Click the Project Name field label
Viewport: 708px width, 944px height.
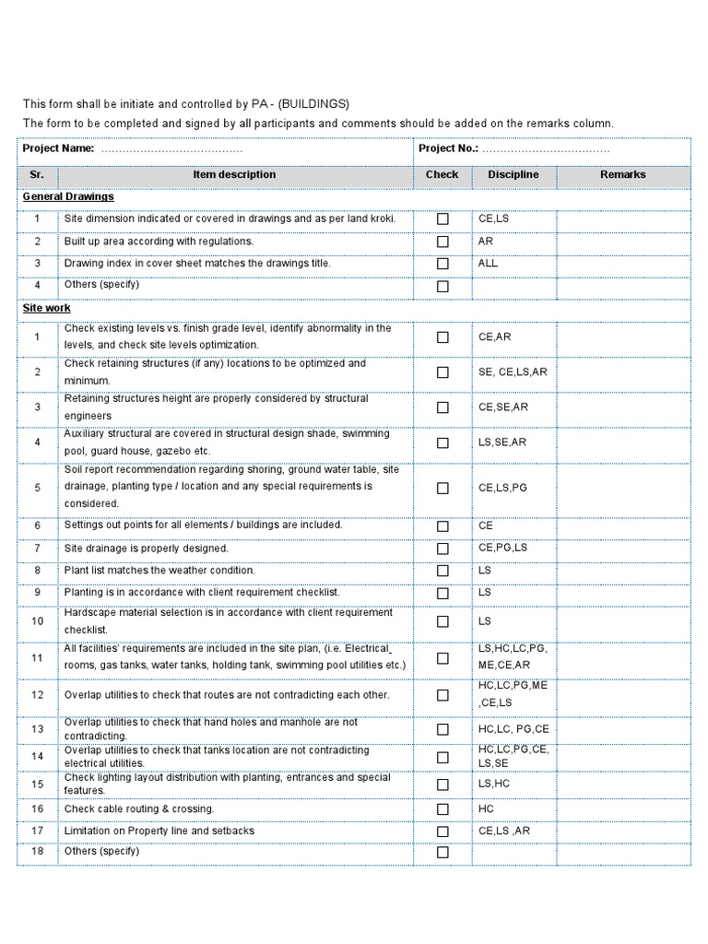(x=58, y=148)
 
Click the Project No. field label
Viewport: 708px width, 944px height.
(x=449, y=148)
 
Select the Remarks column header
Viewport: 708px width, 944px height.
(x=623, y=174)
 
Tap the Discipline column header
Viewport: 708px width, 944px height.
(x=513, y=174)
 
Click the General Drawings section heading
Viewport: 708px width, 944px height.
(x=68, y=196)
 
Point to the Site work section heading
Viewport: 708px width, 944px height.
(x=46, y=308)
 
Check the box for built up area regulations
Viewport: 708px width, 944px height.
(x=442, y=242)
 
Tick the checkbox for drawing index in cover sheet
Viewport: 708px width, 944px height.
(x=442, y=264)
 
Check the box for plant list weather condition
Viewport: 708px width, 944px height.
(x=442, y=571)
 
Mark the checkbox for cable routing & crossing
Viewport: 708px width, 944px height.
(x=442, y=809)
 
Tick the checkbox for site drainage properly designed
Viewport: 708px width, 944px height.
(x=442, y=549)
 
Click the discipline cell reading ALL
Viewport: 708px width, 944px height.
(x=488, y=263)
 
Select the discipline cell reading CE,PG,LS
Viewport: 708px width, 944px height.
(x=502, y=548)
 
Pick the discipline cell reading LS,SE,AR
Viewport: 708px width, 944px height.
(x=502, y=442)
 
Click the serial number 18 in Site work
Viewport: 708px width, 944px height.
(x=38, y=852)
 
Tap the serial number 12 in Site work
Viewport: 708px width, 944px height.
(x=38, y=695)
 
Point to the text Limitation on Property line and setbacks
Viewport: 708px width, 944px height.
(x=159, y=831)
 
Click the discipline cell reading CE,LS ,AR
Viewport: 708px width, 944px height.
(x=504, y=831)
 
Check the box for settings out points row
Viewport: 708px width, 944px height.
(x=442, y=526)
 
